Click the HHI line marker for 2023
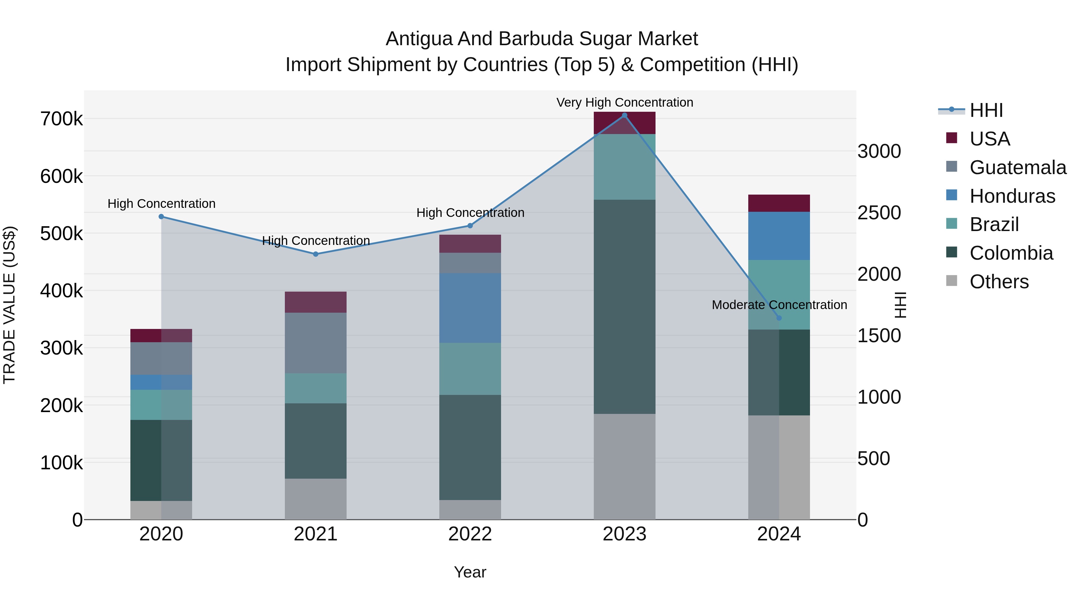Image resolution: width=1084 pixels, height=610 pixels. pos(625,115)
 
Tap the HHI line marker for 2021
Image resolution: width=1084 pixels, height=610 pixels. pos(316,254)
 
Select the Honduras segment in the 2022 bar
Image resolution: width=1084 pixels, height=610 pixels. pos(470,308)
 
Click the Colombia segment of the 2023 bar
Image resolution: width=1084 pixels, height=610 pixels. pos(625,306)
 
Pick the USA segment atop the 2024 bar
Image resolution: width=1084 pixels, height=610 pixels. pos(779,203)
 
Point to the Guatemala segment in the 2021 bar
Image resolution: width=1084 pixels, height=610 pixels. pos(316,343)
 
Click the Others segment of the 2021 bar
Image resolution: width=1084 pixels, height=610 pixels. pos(316,499)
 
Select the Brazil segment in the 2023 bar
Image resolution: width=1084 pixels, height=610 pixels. pos(625,167)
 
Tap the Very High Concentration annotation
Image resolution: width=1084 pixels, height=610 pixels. pos(625,102)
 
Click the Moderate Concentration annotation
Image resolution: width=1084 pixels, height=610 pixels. pos(779,305)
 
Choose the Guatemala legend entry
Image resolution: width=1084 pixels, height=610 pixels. pos(1017,167)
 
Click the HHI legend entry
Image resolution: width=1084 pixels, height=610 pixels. pos(986,110)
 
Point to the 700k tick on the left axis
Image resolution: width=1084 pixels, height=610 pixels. pos(61,119)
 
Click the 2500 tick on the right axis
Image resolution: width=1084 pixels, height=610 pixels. pos(879,213)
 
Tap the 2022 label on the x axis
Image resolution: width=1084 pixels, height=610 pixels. pos(470,534)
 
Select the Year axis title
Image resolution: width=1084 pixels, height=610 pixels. pos(470,572)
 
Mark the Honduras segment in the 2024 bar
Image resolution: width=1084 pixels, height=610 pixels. pos(779,236)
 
